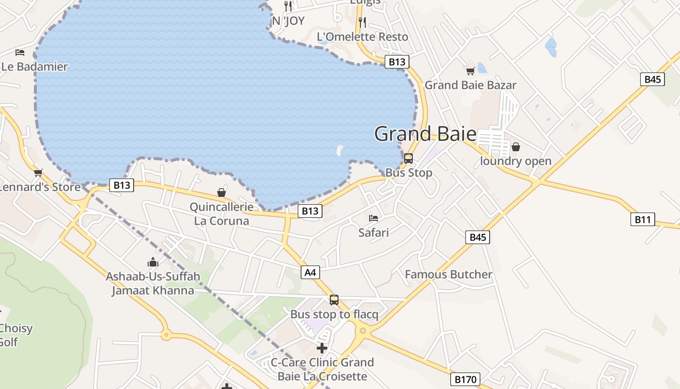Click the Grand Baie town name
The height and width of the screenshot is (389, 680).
425,134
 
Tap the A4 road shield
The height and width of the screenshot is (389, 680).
310,272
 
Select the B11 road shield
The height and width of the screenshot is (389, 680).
642,219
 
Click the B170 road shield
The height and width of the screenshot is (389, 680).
465,379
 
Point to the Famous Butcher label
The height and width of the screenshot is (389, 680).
448,274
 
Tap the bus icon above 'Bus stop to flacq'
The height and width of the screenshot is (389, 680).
334,300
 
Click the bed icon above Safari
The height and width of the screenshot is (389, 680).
373,218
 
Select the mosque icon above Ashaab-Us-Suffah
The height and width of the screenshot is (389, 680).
153,263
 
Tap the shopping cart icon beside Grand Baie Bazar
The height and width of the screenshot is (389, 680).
470,71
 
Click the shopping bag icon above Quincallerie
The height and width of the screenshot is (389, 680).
221,193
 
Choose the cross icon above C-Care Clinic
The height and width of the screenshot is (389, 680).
322,348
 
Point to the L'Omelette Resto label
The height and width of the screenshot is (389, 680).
362,36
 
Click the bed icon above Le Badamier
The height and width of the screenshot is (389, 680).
20,52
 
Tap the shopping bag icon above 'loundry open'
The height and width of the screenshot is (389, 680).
515,146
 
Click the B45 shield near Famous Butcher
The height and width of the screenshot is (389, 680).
477,237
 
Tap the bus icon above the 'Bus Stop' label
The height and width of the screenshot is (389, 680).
408,158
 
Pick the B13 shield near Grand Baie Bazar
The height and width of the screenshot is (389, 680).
397,62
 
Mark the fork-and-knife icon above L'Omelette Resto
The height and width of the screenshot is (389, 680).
362,22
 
